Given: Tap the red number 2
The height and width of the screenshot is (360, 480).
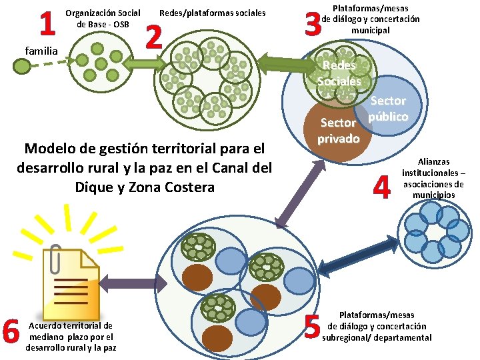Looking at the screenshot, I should (154, 38).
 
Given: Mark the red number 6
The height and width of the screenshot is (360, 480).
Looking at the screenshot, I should (11, 331).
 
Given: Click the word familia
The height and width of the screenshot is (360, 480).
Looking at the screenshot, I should (41, 50).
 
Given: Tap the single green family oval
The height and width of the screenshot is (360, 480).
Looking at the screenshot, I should (23, 65).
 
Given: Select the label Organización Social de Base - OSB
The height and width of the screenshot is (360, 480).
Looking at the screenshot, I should (103, 19).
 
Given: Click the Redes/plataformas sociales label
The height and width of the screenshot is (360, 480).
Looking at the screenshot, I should (212, 13).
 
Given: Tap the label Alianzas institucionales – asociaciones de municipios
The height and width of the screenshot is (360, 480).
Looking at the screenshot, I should (433, 178).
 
